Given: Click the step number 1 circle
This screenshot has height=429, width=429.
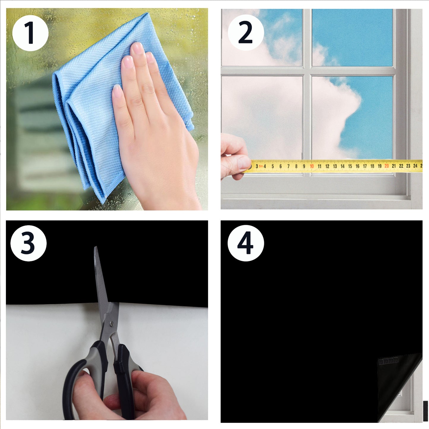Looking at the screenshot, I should (x=30, y=33).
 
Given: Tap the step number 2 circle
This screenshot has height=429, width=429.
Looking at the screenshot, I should (x=246, y=33).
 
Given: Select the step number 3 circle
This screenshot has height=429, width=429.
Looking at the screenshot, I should (x=28, y=243).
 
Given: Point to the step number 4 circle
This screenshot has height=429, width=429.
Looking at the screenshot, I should (x=246, y=243).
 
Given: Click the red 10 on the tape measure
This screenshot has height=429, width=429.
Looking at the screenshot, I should (x=312, y=166).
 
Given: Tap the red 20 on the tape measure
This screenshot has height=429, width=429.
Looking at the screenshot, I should (x=386, y=166).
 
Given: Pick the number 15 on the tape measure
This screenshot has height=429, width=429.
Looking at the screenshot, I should (x=350, y=166).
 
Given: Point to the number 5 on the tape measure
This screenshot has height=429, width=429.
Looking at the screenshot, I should (x=273, y=167).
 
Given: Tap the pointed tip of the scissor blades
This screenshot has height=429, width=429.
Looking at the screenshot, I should (x=96, y=248).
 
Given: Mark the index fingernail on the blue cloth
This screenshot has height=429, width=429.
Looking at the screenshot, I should (x=137, y=48).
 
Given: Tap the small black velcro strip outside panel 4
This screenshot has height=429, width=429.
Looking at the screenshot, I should (x=425, y=411).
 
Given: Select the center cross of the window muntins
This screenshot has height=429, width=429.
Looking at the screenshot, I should (x=307, y=71).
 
